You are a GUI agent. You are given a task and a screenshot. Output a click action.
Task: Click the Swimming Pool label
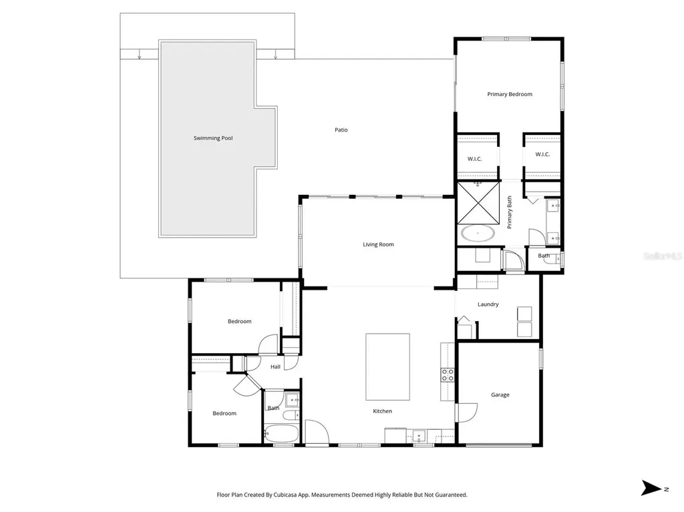(213, 138)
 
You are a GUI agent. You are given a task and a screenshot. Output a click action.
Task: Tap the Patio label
(341, 130)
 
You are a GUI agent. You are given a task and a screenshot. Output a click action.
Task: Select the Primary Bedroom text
(510, 94)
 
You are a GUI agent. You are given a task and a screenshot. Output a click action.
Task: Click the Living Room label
(378, 245)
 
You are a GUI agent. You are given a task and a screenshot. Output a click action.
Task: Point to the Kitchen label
(382, 411)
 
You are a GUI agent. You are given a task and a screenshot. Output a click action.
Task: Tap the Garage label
(500, 395)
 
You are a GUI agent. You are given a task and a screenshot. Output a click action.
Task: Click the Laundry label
(488, 304)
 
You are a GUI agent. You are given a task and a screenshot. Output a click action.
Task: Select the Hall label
(275, 366)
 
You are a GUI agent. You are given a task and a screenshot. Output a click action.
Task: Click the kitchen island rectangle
(387, 366)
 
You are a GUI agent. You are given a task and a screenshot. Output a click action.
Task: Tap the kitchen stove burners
(448, 375)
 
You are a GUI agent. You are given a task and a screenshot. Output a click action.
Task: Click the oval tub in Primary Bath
(478, 234)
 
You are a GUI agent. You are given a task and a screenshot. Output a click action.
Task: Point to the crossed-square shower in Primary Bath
(478, 203)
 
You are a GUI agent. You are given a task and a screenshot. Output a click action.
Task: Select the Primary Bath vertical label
(509, 212)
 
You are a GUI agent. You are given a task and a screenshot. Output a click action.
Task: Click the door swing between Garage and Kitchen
(466, 413)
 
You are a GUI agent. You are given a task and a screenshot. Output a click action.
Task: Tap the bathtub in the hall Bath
(281, 434)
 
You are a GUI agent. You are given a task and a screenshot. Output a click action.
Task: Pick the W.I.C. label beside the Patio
(475, 159)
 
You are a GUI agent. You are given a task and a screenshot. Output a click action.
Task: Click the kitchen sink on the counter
(419, 435)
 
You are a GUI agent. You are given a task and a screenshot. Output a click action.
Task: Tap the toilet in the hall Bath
(291, 415)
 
